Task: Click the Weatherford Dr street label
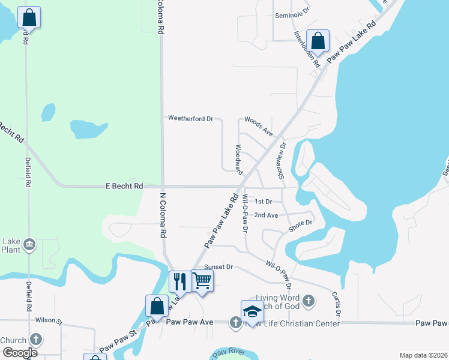[x=191, y=118]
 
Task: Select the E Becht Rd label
[x=124, y=187]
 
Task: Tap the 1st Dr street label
[x=264, y=202]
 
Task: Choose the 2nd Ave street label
[x=266, y=215]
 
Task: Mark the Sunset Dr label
[x=218, y=266]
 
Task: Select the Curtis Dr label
[x=337, y=304]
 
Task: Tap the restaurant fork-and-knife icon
[x=180, y=281]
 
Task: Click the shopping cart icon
[x=202, y=280]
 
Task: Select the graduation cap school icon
[x=252, y=311]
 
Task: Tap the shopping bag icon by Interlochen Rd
[x=318, y=40]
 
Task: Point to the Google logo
[x=19, y=352]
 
